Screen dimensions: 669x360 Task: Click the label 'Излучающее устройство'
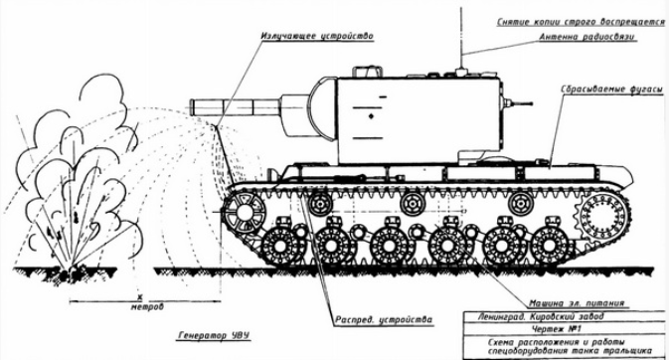[317, 36]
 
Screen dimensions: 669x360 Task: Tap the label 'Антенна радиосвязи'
[587, 37]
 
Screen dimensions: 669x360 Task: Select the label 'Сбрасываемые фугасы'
[611, 90]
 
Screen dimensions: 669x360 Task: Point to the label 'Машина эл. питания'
[577, 303]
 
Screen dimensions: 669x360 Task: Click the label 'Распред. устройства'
[383, 319]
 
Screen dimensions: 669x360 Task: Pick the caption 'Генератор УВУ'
[214, 336]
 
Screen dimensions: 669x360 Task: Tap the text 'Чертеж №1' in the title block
[557, 329]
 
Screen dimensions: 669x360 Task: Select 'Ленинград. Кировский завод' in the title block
[541, 317]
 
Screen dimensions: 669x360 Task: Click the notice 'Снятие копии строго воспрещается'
[581, 22]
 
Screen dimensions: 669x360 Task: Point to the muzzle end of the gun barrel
[191, 106]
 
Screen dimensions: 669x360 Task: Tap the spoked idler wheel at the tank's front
[245, 212]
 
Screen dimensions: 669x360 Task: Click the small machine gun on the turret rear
[517, 102]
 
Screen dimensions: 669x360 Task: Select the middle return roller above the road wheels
[412, 204]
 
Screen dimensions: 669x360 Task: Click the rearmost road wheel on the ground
[550, 245]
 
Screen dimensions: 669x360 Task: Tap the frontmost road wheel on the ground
[280, 246]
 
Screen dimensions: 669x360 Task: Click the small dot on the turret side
[371, 115]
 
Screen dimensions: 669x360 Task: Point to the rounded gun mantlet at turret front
[323, 108]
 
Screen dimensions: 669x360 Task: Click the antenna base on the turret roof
[460, 71]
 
